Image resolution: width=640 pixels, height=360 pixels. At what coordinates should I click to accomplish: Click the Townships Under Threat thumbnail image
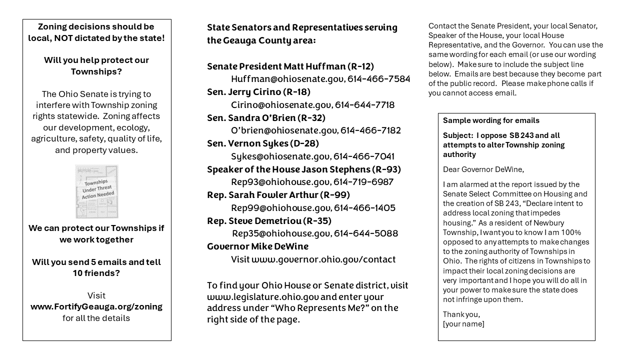[96, 191]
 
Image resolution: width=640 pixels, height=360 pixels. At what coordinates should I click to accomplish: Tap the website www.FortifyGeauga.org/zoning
[96, 307]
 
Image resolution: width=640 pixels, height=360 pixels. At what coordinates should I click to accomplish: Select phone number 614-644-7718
[364, 105]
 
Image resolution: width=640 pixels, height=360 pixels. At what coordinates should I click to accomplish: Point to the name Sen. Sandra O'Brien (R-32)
[266, 118]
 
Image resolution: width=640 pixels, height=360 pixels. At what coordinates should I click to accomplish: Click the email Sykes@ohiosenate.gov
[280, 156]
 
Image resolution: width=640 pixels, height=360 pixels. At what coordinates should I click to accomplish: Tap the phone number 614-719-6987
[363, 182]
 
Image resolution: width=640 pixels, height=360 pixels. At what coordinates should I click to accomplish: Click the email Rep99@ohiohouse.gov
[280, 208]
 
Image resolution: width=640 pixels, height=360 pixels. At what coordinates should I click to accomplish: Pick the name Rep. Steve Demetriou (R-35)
[269, 221]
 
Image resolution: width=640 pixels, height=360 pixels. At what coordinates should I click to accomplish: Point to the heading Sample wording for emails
[491, 120]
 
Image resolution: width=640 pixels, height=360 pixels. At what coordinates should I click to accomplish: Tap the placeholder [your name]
[463, 324]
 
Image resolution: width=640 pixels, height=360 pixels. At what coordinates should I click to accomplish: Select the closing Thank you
[461, 314]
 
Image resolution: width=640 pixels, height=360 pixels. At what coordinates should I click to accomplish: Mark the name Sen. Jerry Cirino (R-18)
[258, 92]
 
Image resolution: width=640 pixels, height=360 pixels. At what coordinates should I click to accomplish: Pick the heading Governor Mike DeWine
[257, 246]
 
